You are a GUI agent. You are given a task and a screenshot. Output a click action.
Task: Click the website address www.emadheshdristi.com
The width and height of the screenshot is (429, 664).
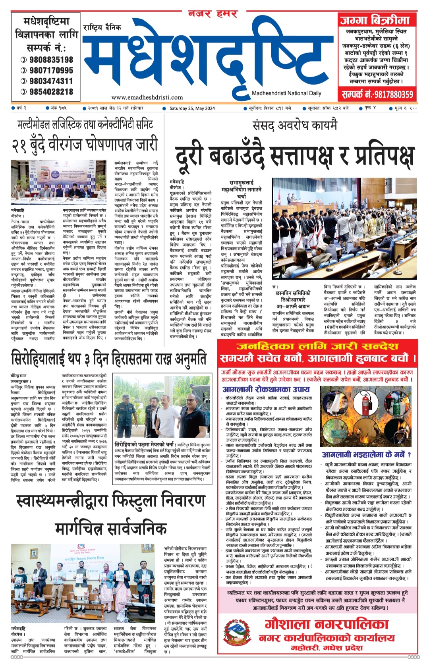[147, 97]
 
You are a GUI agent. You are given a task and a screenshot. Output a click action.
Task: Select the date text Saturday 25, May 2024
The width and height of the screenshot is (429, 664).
[192, 108]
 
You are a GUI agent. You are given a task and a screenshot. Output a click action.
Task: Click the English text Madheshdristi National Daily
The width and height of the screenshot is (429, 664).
[286, 93]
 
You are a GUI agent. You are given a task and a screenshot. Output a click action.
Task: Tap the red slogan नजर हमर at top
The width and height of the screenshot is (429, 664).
[213, 14]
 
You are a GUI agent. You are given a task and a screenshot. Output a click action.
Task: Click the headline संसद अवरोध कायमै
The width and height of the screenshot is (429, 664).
[295, 125]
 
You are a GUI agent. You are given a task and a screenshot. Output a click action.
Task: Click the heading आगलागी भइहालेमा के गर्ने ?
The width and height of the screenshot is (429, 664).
[366, 455]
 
